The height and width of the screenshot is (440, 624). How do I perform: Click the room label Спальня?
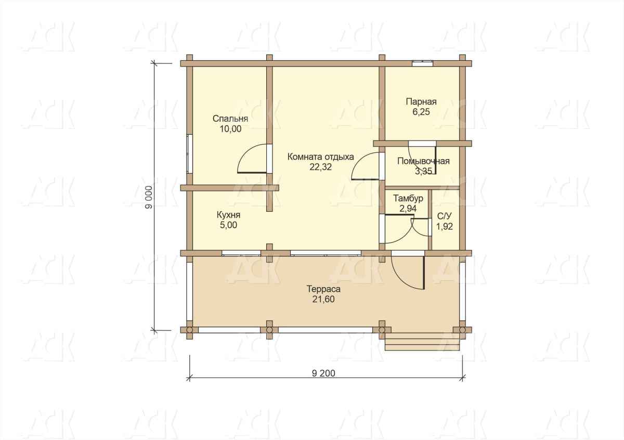(x=230, y=119)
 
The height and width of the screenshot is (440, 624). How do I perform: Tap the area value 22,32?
(x=321, y=167)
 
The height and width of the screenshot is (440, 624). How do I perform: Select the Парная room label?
(x=421, y=102)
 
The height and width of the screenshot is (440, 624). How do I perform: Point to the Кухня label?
(x=228, y=215)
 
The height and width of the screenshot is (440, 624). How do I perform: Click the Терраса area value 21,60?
(x=323, y=299)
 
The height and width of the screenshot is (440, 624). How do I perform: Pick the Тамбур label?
(x=408, y=198)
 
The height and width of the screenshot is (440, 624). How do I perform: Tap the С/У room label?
(x=444, y=216)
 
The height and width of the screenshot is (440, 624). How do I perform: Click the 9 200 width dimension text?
(x=323, y=373)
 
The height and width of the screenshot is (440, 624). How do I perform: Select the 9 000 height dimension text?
(x=149, y=197)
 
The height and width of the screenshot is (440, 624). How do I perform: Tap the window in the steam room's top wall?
(x=423, y=63)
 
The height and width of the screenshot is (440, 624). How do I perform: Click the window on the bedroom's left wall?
(x=190, y=154)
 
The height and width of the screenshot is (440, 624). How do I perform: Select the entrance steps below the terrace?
(x=422, y=342)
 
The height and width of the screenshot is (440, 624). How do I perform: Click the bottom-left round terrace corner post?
(x=189, y=330)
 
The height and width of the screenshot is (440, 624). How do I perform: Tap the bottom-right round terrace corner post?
(x=462, y=330)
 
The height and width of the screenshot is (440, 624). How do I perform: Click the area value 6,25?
(x=421, y=112)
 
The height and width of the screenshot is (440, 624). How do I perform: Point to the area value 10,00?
(x=231, y=129)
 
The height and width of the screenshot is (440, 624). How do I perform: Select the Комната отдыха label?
(x=321, y=157)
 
